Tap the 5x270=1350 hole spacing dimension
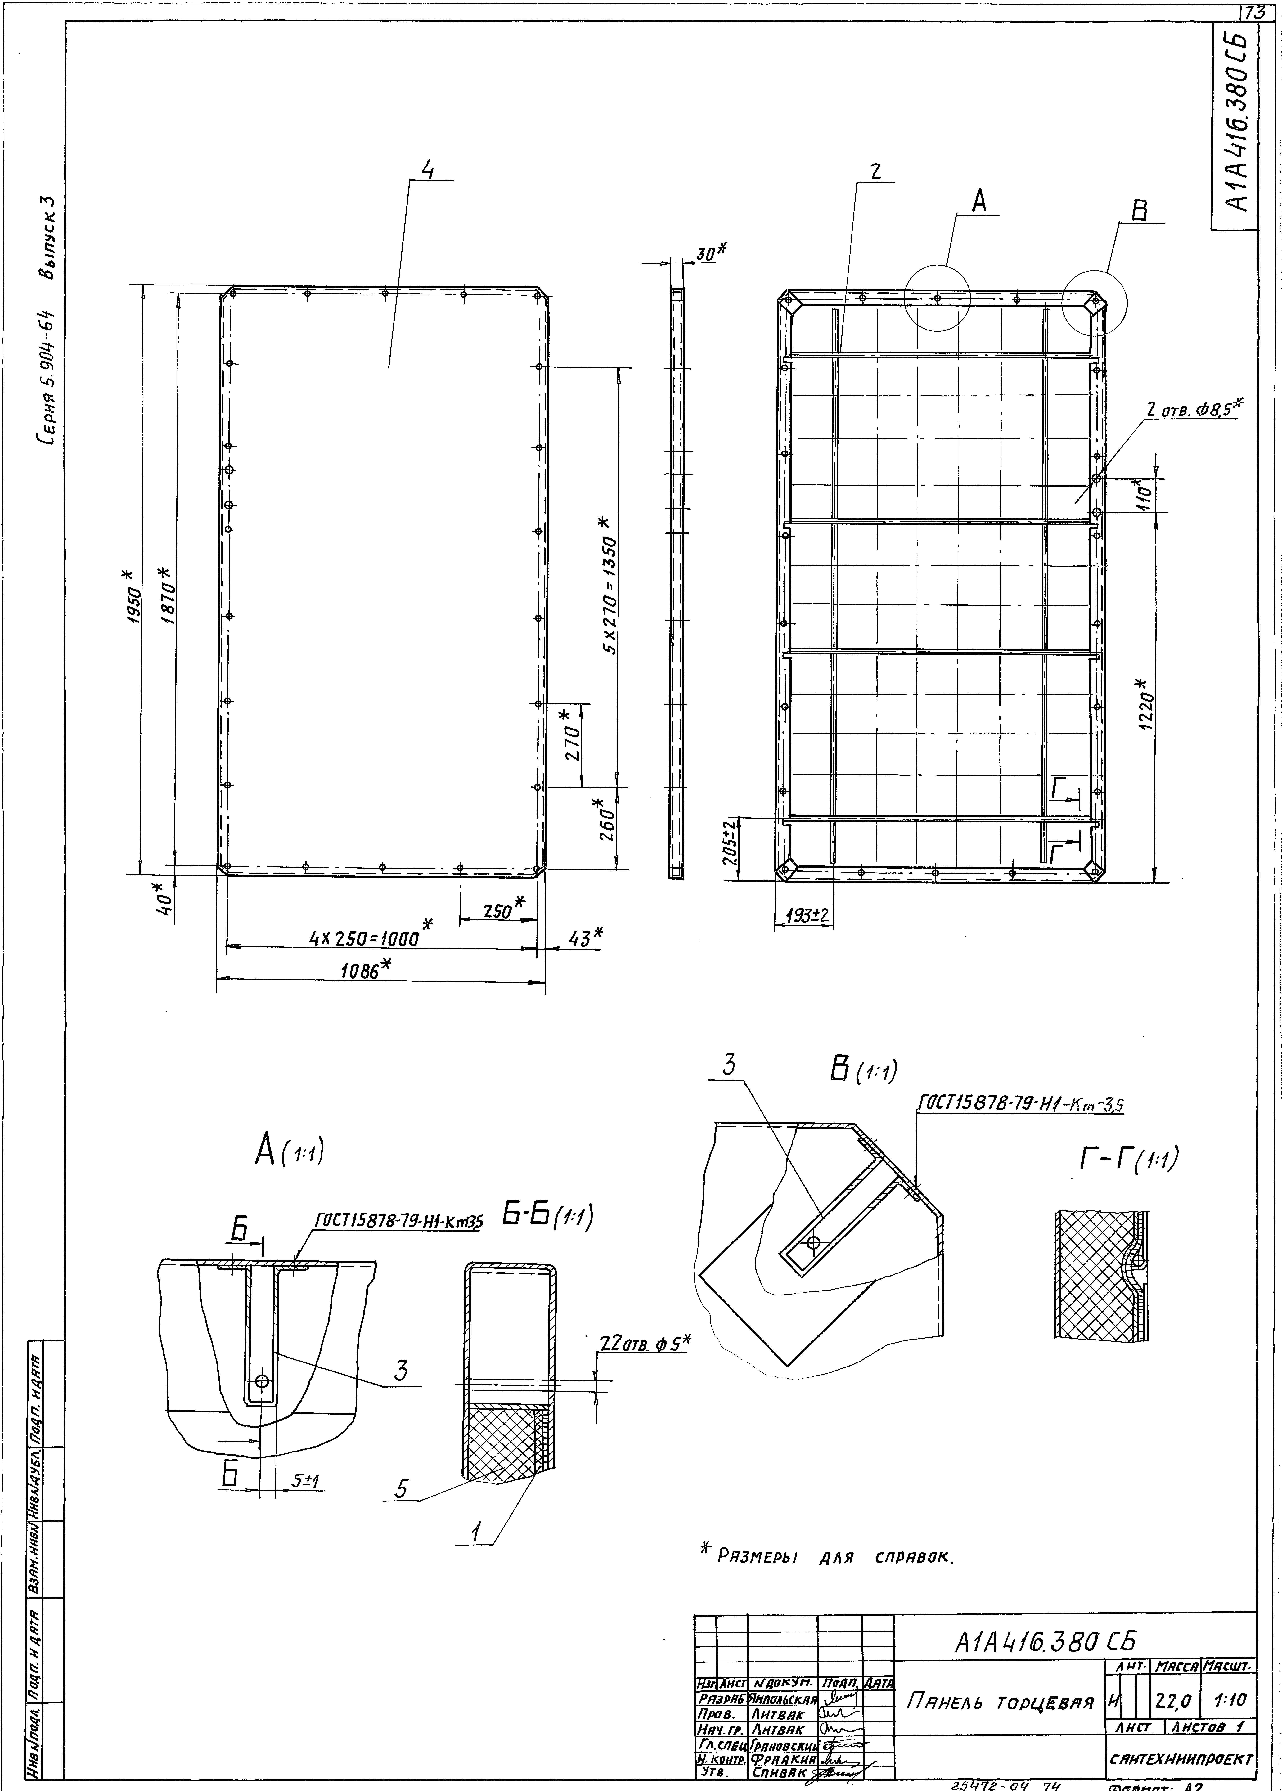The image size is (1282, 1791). [x=608, y=584]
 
